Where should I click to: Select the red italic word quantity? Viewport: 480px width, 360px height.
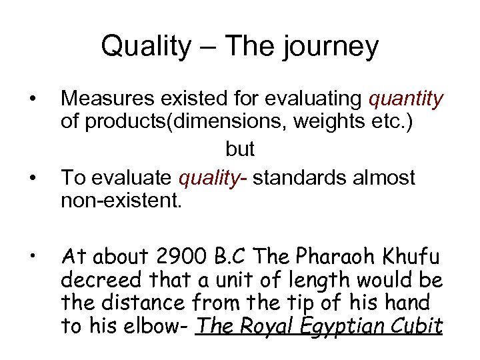point(405,100)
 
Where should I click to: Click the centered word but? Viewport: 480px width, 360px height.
point(240,149)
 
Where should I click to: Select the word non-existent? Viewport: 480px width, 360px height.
point(119,202)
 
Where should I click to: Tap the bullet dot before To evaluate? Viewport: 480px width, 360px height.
point(32,179)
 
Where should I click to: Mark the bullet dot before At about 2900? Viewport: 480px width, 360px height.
point(32,257)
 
